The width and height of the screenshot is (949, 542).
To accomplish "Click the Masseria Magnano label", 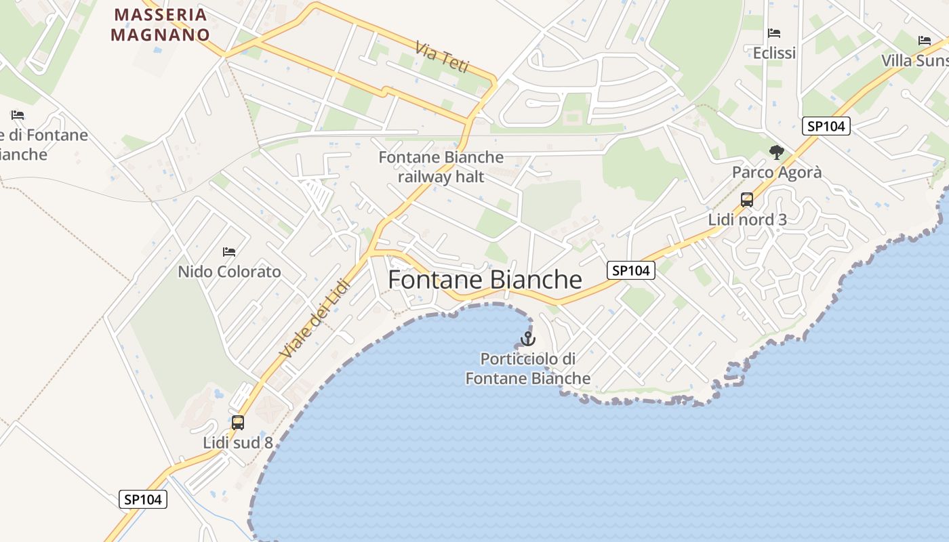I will tap(160, 24).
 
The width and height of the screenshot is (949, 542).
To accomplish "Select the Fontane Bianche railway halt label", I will tap(441, 167).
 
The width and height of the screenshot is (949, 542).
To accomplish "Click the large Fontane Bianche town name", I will tap(485, 280).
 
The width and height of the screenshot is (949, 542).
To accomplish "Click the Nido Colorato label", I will tap(229, 272).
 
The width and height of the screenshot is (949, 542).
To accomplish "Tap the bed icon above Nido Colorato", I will tap(229, 252).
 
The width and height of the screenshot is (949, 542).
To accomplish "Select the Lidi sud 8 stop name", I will tap(238, 442).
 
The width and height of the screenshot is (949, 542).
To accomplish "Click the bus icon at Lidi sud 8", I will tap(238, 423).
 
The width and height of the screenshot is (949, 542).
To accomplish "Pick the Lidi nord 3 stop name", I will tap(747, 220).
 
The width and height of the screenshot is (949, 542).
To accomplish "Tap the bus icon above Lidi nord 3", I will tap(747, 200).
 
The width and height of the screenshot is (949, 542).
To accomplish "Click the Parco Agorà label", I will tap(777, 172).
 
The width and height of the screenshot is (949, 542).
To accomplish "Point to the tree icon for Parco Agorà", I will tap(777, 152).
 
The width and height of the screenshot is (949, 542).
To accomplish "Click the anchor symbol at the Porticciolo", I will tap(527, 338).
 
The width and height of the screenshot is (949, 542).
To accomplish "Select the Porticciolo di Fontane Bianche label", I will tap(527, 369).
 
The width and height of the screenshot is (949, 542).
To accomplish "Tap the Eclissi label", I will tap(774, 53).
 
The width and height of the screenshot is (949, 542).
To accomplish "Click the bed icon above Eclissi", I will tap(774, 33).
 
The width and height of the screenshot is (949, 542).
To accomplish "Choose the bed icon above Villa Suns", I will tap(925, 41).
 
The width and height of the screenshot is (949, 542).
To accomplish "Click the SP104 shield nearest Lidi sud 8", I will tap(143, 499).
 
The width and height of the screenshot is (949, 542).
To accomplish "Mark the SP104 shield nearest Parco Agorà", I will tap(826, 125).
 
